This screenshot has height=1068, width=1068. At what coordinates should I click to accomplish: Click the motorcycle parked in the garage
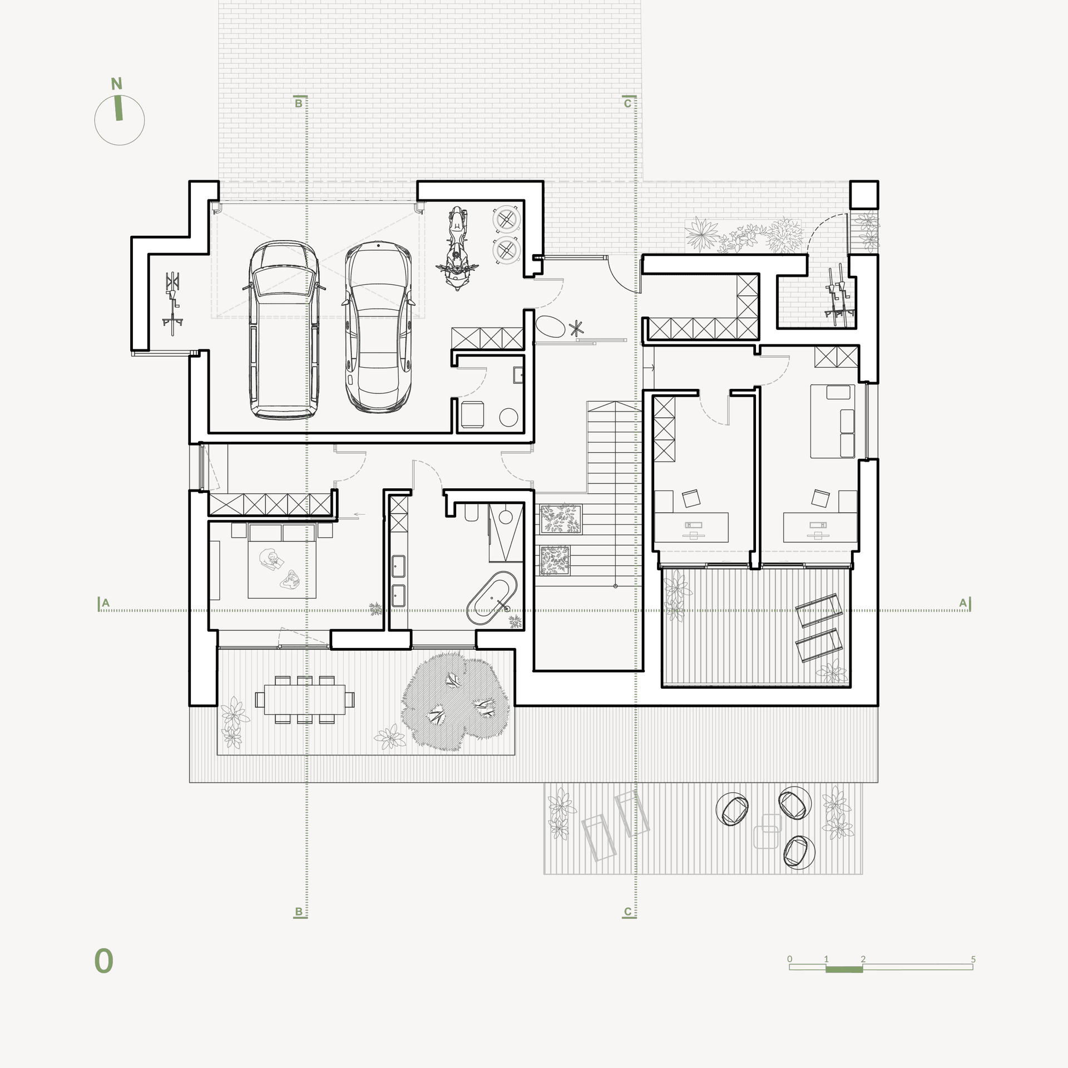457,248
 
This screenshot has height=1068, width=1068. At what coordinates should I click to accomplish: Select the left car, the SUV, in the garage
284,330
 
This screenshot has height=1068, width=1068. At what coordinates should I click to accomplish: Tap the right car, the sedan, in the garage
378,328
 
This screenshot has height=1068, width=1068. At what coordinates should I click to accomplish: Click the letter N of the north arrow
116,84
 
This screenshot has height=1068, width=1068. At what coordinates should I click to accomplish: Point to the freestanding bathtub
492,598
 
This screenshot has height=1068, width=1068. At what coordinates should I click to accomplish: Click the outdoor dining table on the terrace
304,699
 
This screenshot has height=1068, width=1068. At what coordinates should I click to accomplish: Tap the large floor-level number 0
103,961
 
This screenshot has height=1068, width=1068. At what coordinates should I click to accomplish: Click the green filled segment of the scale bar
844,970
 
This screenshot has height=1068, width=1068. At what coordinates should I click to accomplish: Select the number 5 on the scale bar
973,960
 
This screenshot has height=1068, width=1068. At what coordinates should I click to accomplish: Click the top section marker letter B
299,103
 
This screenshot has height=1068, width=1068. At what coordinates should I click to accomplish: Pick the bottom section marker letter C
627,912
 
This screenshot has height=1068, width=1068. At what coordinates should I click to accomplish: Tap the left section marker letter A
106,603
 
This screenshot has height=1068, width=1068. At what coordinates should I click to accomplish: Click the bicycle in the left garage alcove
173,303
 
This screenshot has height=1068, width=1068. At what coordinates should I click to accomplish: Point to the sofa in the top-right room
832,421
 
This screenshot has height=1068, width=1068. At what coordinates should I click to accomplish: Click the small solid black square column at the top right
864,195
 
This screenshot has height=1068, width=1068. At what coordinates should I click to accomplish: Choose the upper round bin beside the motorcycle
507,219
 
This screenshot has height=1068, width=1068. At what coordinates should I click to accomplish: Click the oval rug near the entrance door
550,327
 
